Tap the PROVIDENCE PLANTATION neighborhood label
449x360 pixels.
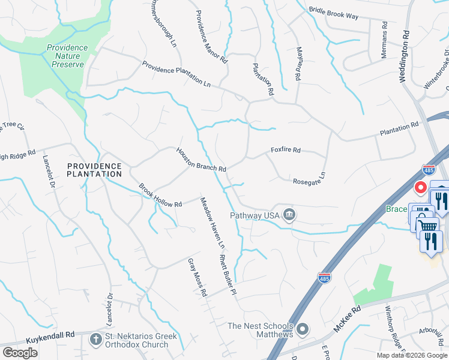click(x=94, y=170)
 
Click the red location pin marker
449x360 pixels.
click(x=421, y=188)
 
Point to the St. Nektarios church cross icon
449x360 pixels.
click(x=95, y=340)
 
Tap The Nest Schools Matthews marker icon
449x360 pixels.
click(x=303, y=329)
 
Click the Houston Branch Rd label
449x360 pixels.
click(x=200, y=160)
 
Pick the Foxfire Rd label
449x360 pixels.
click(x=285, y=150)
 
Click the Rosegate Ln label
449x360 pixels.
click(x=309, y=179)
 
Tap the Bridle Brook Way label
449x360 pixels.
click(x=333, y=13)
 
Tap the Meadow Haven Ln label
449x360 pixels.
click(x=212, y=223)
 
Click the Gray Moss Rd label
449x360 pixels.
click(x=197, y=277)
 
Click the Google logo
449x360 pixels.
click(x=20, y=353)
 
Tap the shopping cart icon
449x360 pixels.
click(x=427, y=226)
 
